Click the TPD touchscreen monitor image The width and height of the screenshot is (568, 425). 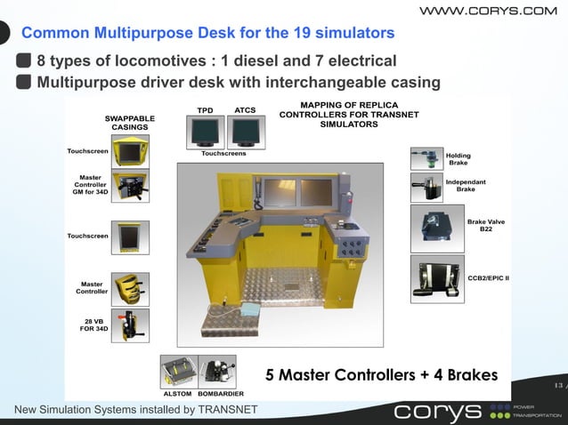[205, 132]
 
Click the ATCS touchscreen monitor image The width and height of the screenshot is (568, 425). [245, 132]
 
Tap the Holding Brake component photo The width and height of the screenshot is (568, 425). [426, 158]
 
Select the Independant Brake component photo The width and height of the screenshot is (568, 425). [426, 188]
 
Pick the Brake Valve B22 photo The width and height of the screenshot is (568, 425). [437, 229]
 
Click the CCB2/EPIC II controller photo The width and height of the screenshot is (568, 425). [437, 279]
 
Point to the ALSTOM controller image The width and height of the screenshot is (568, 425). [178, 372]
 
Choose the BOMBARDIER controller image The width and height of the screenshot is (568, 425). [217, 372]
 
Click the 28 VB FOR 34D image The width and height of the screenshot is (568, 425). [130, 326]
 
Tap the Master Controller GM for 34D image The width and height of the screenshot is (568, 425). [130, 186]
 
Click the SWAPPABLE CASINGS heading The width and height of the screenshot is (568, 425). [130, 122]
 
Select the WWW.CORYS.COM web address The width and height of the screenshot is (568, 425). [488, 11]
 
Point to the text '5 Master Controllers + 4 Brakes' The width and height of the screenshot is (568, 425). [382, 374]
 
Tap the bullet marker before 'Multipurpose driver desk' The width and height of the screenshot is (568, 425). [24, 83]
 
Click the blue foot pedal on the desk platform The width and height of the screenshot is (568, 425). [246, 309]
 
